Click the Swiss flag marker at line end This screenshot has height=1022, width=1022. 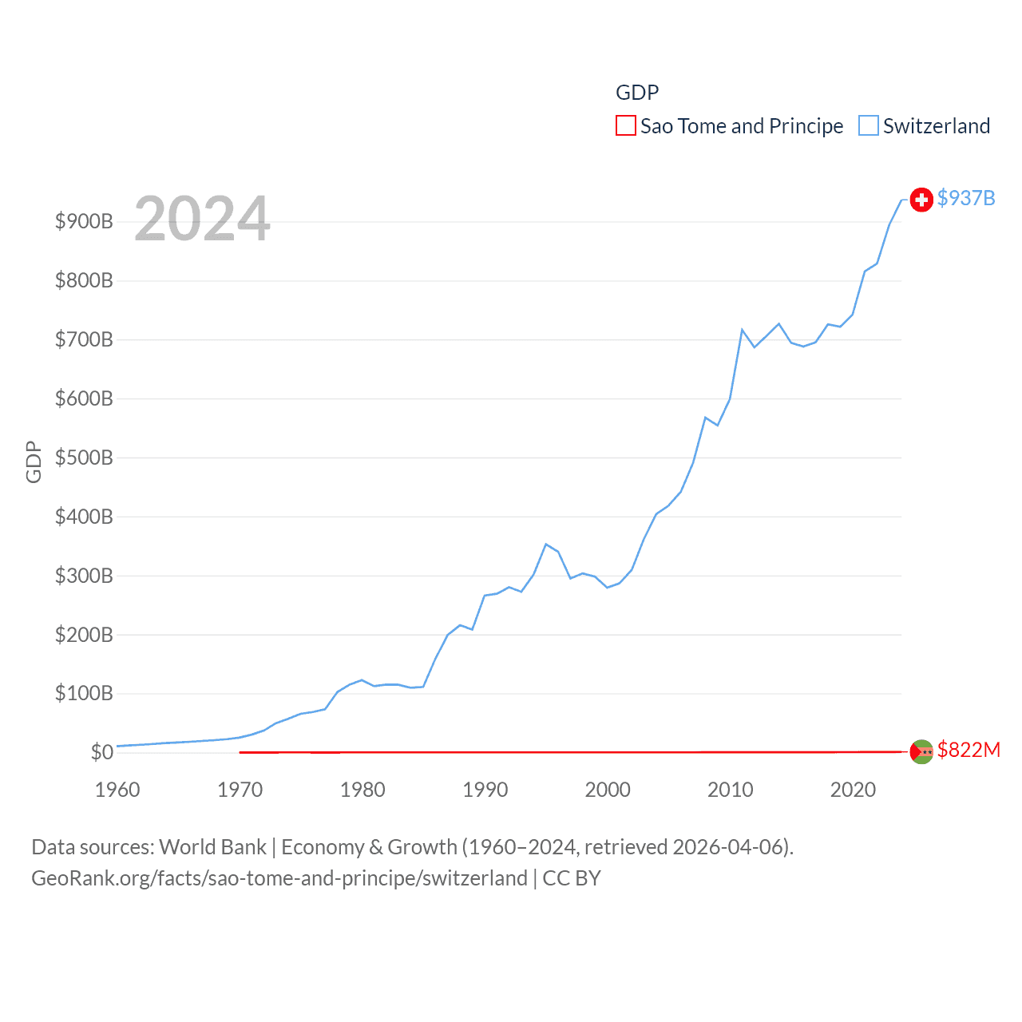pos(921,200)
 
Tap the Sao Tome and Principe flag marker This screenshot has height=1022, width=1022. pos(921,751)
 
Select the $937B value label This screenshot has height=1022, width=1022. pos(966,198)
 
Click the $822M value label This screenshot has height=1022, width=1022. pos(969,750)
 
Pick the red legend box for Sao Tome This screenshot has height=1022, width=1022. pos(626,126)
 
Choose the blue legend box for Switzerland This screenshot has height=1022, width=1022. pos(869,126)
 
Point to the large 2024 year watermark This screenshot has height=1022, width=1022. pos(202,219)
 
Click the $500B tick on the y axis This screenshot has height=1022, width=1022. pos(84,458)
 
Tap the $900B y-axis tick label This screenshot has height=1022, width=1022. pos(84,221)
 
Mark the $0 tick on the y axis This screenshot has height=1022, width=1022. pos(102,752)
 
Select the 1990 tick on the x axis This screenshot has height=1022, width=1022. pos(485,790)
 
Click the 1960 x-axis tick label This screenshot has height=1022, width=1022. pos(117,790)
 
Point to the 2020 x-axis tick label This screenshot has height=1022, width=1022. pos(853,790)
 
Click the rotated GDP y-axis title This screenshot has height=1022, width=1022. pos(34,461)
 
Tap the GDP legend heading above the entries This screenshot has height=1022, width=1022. pos(637,93)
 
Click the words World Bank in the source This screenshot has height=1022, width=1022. pos(213,847)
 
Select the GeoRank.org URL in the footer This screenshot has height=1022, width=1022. pos(279,878)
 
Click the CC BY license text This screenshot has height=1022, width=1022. pos(572,878)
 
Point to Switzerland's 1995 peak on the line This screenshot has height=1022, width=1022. pos(546,545)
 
